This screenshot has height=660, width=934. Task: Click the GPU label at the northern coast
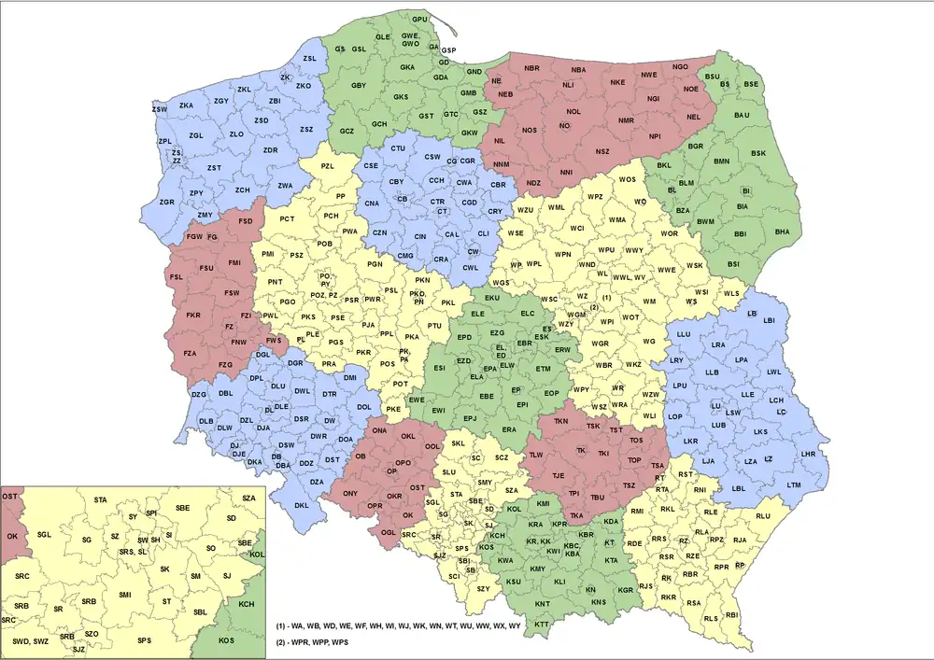tap(419, 19)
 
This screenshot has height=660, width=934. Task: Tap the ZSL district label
tap(309, 59)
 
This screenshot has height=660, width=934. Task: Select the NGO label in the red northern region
tap(680, 67)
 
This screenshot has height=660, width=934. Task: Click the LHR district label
tap(809, 455)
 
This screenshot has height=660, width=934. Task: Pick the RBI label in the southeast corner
tap(731, 615)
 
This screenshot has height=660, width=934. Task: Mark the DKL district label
tap(301, 505)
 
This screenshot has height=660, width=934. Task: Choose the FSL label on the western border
tap(176, 277)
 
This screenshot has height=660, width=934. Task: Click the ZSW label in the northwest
tap(159, 109)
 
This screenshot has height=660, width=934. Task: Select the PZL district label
tap(327, 166)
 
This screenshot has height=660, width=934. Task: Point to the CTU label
tap(398, 148)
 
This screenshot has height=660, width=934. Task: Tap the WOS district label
tap(628, 178)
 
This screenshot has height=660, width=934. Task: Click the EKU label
tap(492, 298)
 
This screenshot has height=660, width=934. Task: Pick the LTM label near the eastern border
tap(794, 484)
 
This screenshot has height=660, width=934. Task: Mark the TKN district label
tap(560, 422)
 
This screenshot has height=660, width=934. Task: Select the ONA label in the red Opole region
tap(379, 431)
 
